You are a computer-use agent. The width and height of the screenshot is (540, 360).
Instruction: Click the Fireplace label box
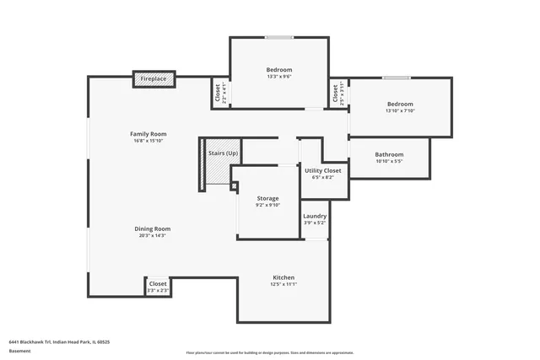click(x=154, y=79)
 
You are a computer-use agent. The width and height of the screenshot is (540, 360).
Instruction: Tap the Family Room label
click(x=148, y=134)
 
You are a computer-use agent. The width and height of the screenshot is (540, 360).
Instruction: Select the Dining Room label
click(x=153, y=228)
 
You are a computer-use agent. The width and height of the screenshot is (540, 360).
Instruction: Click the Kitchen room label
click(x=283, y=277)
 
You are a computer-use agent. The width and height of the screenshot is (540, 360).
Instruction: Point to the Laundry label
click(x=315, y=217)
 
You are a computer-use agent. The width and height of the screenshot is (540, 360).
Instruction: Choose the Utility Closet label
click(x=322, y=171)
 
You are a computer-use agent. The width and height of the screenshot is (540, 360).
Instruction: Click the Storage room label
click(x=267, y=198)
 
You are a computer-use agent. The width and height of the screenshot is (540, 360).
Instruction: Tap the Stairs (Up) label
click(x=223, y=153)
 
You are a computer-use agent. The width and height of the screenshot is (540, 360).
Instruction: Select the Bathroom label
click(x=389, y=154)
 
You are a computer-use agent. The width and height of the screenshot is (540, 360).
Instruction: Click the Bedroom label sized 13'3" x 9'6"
click(x=279, y=69)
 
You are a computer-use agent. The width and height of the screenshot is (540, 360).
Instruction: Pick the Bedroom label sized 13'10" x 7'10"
click(x=400, y=104)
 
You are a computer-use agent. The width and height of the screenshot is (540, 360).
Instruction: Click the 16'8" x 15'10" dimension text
click(x=148, y=142)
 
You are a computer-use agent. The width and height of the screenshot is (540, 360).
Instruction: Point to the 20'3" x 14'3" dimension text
click(x=153, y=236)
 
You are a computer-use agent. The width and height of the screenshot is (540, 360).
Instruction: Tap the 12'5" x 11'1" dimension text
click(x=283, y=285)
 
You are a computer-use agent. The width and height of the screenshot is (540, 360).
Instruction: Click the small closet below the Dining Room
click(x=158, y=287)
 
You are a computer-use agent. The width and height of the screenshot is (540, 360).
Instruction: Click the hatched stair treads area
click(x=219, y=173)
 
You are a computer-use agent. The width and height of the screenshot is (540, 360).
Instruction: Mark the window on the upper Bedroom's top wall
click(x=279, y=37)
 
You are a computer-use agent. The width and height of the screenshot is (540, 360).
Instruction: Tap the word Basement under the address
click(x=19, y=352)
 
